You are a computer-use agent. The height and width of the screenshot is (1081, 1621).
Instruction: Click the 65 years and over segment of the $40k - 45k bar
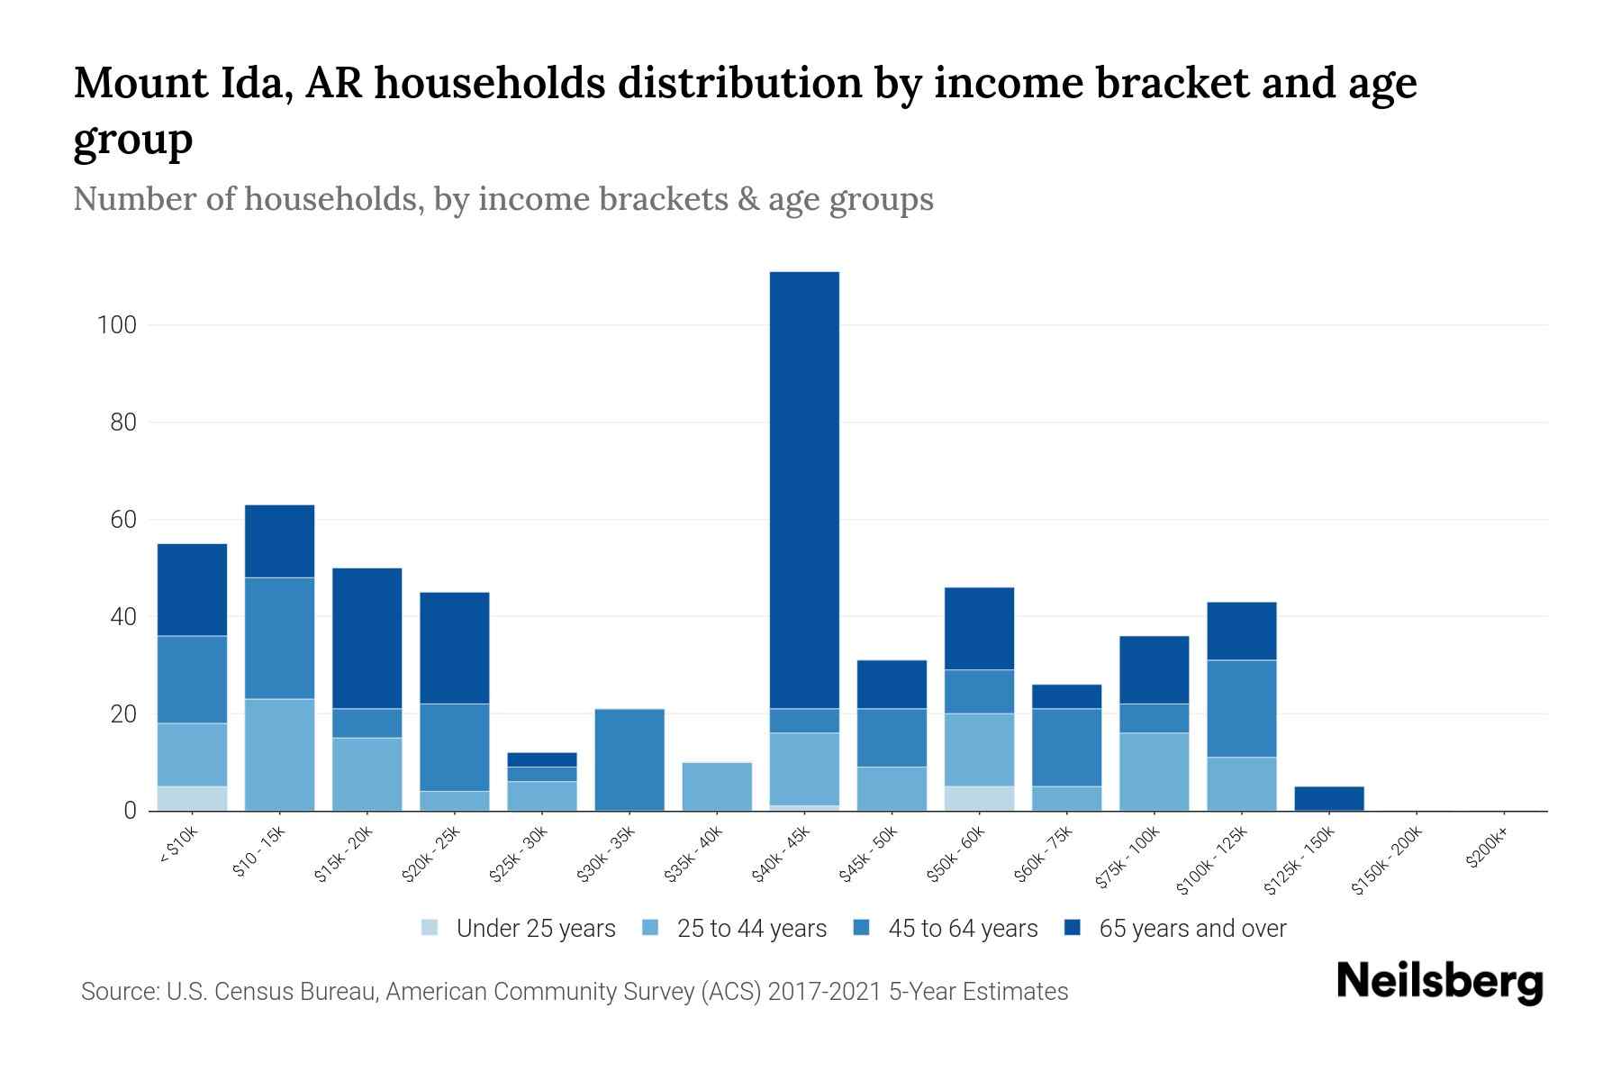pos(804,490)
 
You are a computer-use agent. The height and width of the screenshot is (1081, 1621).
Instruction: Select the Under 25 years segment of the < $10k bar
pos(192,799)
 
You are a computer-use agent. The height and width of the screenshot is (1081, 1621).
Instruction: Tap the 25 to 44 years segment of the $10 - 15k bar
pos(279,755)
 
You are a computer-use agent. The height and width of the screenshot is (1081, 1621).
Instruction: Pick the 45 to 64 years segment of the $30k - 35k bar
pos(629,759)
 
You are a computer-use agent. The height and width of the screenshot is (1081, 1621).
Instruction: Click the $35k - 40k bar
pos(717,786)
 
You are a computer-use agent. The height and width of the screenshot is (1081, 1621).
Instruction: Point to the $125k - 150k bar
pos(1329,798)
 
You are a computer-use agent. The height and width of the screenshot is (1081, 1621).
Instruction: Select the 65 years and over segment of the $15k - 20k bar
pos(367,638)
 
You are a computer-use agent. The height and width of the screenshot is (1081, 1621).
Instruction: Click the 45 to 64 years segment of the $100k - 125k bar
pos(1242,709)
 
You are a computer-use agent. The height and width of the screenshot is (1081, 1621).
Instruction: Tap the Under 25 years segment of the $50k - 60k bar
pos(979,799)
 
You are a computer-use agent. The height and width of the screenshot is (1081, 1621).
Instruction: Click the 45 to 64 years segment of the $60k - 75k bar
pos(1066,748)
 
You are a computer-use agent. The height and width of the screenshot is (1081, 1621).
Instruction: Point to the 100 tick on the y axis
pos(117,325)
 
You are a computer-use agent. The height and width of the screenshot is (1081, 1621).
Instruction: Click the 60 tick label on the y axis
pos(122,520)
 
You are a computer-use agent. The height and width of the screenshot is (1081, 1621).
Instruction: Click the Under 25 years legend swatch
pos(430,928)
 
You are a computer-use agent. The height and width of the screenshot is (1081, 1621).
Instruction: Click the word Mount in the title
pos(137,84)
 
